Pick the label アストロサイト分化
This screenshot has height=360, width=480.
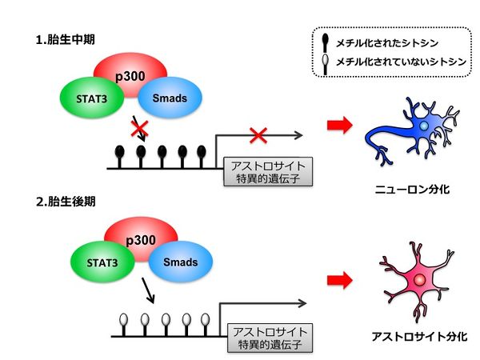coord(418,337)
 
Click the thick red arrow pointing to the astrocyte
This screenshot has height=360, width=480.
coord(340,280)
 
